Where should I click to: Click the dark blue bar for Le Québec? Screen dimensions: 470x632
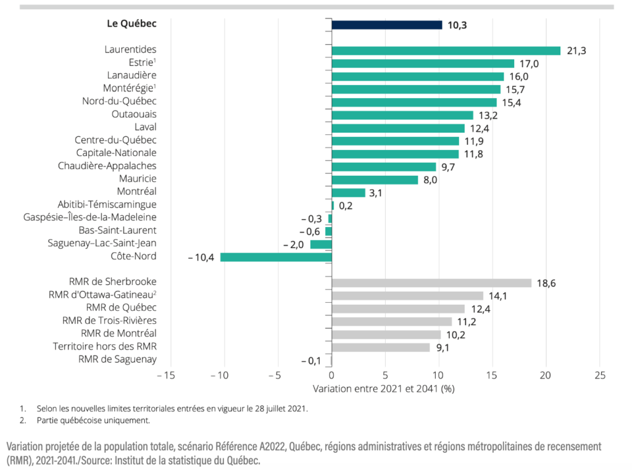[387, 25]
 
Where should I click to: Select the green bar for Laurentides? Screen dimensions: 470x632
[446, 51]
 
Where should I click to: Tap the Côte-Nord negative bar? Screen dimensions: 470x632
[276, 257]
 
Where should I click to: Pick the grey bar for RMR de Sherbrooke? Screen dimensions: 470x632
[431, 283]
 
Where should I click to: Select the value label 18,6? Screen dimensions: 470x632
[547, 284]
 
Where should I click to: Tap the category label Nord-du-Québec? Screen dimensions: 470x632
[119, 102]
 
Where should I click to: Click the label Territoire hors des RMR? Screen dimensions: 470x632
[105, 347]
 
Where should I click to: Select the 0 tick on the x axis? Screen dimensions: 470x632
[331, 375]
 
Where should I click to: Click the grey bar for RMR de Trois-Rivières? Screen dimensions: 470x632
[392, 321]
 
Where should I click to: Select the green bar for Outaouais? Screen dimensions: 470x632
[402, 115]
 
